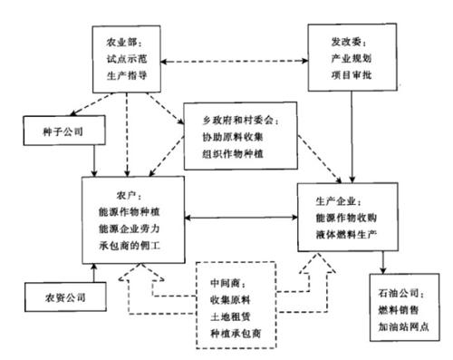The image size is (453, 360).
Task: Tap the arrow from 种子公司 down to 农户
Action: (94, 161)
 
